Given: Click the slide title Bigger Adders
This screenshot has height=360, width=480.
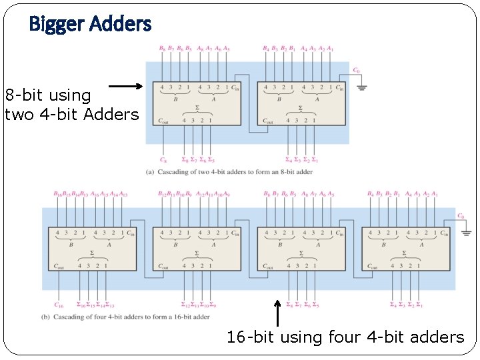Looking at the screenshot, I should click(90, 25).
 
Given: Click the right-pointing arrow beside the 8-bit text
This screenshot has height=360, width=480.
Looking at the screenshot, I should click(125, 86).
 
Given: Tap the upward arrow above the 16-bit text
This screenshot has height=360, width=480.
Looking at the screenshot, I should click(277, 313).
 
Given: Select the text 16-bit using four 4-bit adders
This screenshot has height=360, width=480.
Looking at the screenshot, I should click(345, 337).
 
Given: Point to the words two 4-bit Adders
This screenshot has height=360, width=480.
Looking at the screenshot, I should click(72, 114).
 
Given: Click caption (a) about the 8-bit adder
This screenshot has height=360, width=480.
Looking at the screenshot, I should click(229, 172).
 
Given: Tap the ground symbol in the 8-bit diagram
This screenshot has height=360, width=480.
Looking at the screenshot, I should click(362, 87).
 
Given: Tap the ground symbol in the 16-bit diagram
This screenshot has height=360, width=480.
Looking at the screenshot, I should click(466, 233).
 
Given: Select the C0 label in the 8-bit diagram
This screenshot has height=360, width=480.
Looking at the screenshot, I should click(357, 70).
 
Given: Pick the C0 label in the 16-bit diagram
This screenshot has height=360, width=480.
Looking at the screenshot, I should click(461, 216).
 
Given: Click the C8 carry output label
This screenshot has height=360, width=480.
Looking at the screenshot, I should click(163, 160).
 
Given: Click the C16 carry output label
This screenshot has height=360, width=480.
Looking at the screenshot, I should click(59, 305).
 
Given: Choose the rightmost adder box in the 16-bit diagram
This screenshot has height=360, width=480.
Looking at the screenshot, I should click(407, 249).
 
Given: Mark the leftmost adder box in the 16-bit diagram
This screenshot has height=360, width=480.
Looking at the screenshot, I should click(91, 249).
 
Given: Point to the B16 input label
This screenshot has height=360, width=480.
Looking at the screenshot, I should click(57, 194).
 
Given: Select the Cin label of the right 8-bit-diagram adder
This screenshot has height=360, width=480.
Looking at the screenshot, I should click(339, 87).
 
